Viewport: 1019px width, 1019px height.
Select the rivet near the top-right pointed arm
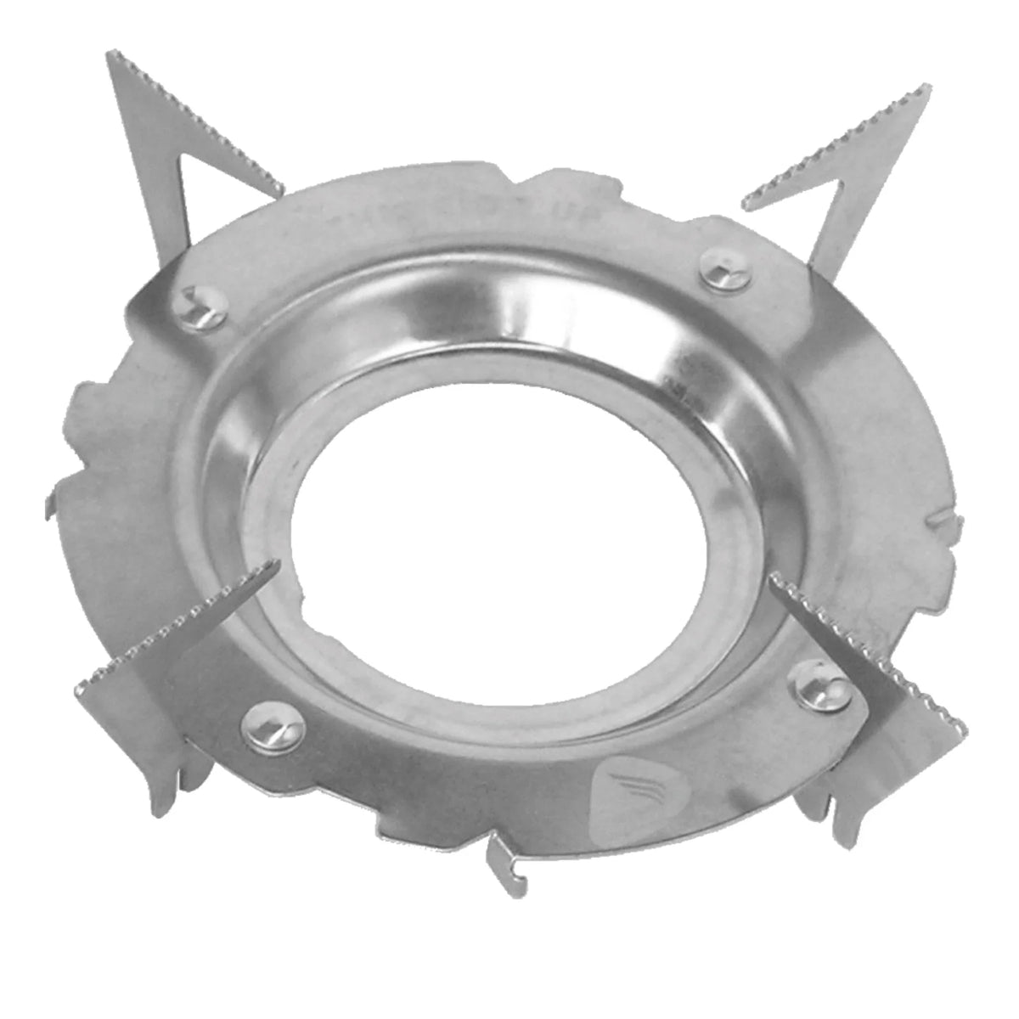727,271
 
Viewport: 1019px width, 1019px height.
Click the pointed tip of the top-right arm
927,87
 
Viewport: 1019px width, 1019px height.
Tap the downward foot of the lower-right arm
836,815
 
